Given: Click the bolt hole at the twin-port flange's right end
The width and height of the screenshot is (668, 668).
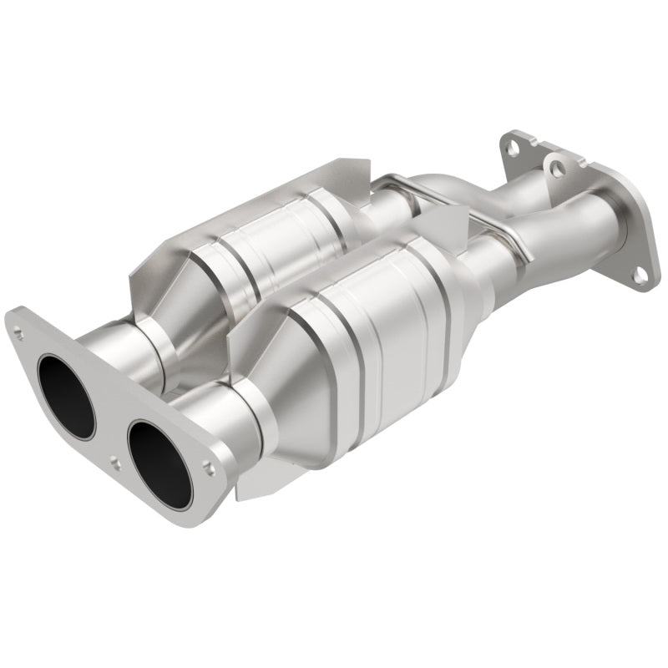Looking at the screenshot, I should [x=209, y=471].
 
